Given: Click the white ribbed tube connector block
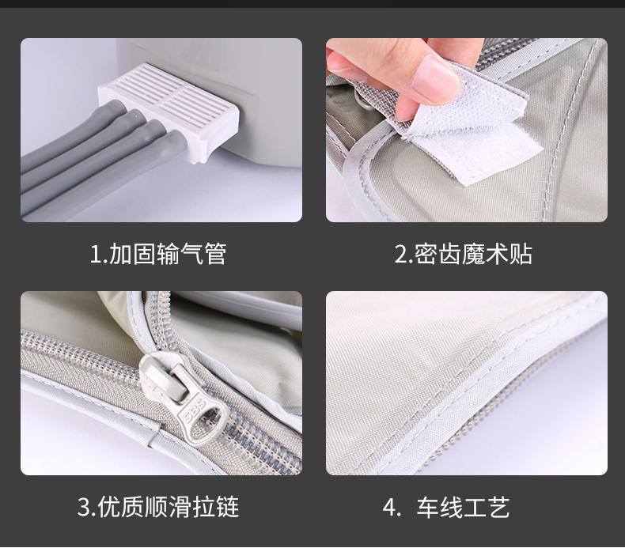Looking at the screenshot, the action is tap(169, 111).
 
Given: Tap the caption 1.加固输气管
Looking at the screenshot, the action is tap(158, 254).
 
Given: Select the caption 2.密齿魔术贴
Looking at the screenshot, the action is tap(463, 254).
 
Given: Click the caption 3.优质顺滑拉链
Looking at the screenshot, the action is tap(158, 507).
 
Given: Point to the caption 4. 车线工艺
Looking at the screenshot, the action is tap(446, 508).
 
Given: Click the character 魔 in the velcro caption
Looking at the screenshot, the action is tap(474, 254).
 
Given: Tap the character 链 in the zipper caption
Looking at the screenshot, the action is tap(228, 507).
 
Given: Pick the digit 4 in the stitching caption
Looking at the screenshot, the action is tap(389, 508).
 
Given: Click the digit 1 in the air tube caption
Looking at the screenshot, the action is tap(96, 255).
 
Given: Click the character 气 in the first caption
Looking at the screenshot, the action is tap(192, 254).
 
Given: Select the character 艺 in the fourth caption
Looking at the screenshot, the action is tap(498, 508).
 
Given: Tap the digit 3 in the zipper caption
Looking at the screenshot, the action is tap(84, 508).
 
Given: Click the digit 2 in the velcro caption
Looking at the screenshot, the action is tap(400, 255).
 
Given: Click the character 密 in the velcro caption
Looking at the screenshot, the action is tap(426, 254).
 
